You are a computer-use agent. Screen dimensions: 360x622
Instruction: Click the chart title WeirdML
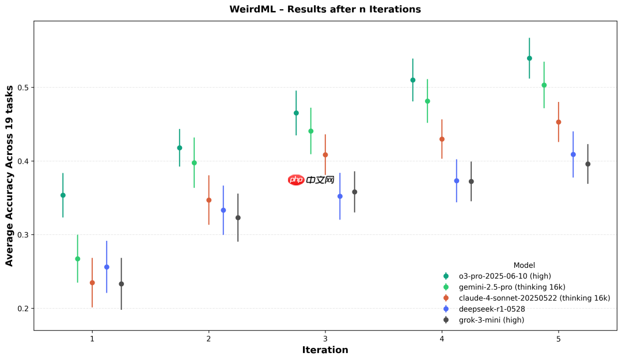pyautogui.click(x=325, y=9)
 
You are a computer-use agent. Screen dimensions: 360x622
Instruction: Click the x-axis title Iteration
pyautogui.click(x=325, y=350)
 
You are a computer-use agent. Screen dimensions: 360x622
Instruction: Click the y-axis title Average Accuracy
pyautogui.click(x=9, y=176)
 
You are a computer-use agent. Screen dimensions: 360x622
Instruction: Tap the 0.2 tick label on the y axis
pyautogui.click(x=22, y=309)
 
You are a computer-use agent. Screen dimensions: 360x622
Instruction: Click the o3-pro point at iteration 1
pyautogui.click(x=63, y=195)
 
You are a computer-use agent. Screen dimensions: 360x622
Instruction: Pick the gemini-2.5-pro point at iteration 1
pyautogui.click(x=78, y=259)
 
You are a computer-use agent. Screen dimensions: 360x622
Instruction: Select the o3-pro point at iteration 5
pyautogui.click(x=529, y=58)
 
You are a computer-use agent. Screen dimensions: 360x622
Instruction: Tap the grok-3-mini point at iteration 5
pyautogui.click(x=588, y=164)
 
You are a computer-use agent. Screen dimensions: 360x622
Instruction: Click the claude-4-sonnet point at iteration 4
pyautogui.click(x=442, y=139)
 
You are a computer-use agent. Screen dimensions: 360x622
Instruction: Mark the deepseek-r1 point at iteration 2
pyautogui.click(x=223, y=210)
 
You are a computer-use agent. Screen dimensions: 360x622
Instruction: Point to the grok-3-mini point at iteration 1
pyautogui.click(x=122, y=284)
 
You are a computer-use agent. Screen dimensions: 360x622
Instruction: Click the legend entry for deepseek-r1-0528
pyautogui.click(x=491, y=309)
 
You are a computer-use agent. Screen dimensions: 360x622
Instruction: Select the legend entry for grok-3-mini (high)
pyautogui.click(x=491, y=320)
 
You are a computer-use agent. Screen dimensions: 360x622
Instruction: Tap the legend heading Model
pyautogui.click(x=524, y=266)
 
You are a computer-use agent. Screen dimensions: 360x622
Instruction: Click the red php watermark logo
pyautogui.click(x=296, y=180)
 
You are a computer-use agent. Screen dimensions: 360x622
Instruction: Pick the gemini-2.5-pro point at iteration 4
pyautogui.click(x=427, y=101)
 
